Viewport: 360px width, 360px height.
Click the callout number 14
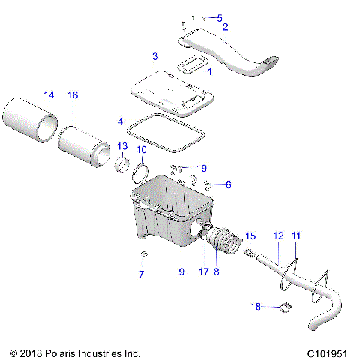[x=49, y=95]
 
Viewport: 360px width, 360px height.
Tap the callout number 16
[x=73, y=95]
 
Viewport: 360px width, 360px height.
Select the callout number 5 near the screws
[x=219, y=17]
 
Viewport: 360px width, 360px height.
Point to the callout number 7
[x=142, y=274]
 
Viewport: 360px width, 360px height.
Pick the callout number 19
[x=201, y=167]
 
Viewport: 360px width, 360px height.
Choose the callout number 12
[x=277, y=236]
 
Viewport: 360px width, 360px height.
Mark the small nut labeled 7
[x=144, y=253]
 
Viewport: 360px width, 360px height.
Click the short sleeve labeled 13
[x=122, y=164]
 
